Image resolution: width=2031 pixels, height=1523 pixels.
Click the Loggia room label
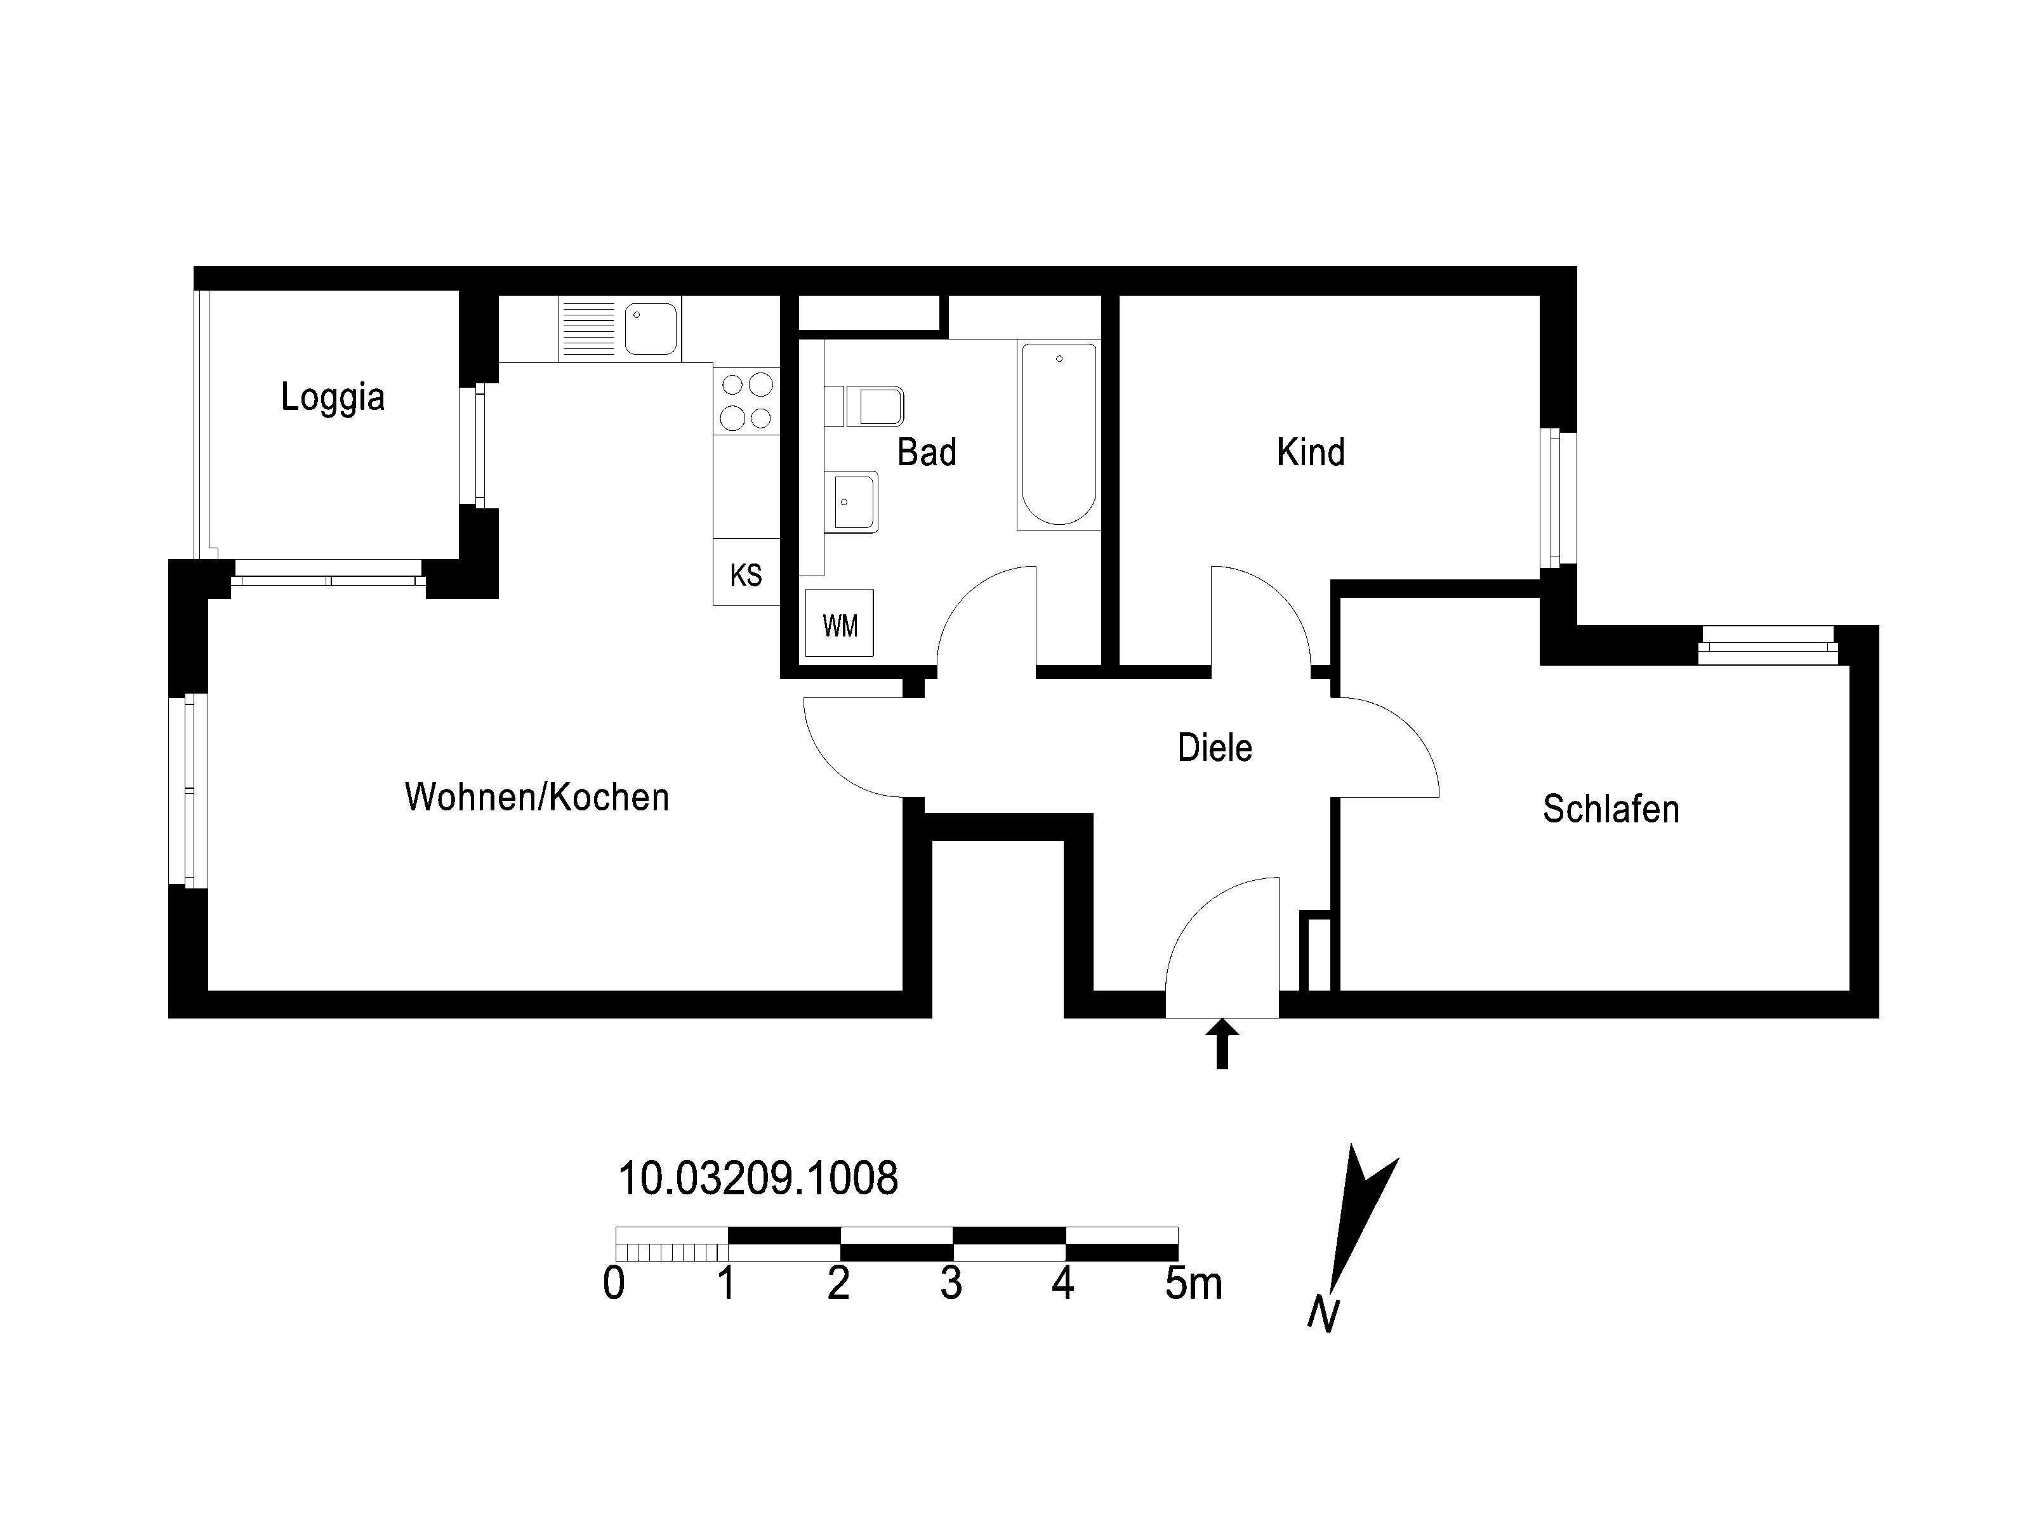(333, 397)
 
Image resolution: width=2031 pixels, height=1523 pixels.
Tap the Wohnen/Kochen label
(537, 797)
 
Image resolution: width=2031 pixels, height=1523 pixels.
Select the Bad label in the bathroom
(927, 452)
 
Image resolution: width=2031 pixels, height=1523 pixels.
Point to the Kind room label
(1310, 452)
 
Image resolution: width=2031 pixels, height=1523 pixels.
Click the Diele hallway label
(1215, 748)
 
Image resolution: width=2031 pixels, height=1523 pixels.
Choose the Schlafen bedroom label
(1610, 809)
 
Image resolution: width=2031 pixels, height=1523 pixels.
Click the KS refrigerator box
(746, 572)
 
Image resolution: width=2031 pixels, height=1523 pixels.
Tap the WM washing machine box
(839, 623)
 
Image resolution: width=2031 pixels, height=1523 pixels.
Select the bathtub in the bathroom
(1059, 434)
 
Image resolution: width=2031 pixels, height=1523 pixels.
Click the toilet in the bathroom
(865, 407)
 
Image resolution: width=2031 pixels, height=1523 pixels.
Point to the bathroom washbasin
(852, 502)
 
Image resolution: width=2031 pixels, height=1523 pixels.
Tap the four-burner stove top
(746, 400)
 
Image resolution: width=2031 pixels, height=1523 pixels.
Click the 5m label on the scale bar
(1194, 1283)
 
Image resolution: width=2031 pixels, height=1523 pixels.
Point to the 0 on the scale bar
(614, 1283)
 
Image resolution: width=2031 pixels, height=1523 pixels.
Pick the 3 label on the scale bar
(951, 1283)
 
